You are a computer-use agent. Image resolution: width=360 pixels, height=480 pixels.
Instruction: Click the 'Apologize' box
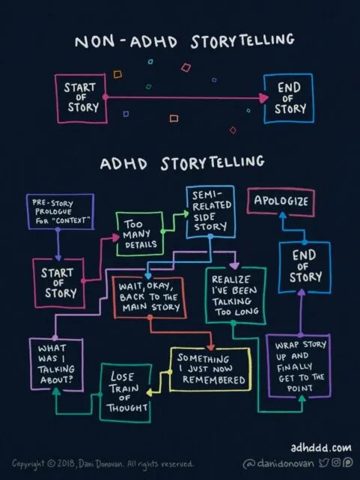tap(280, 201)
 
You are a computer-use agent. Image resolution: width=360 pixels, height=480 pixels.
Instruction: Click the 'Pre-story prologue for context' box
tap(61, 213)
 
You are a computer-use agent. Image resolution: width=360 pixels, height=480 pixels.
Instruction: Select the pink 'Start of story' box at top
tap(80, 97)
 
